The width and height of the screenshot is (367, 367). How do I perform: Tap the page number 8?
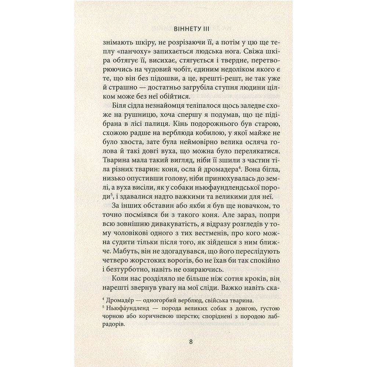(191, 342)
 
